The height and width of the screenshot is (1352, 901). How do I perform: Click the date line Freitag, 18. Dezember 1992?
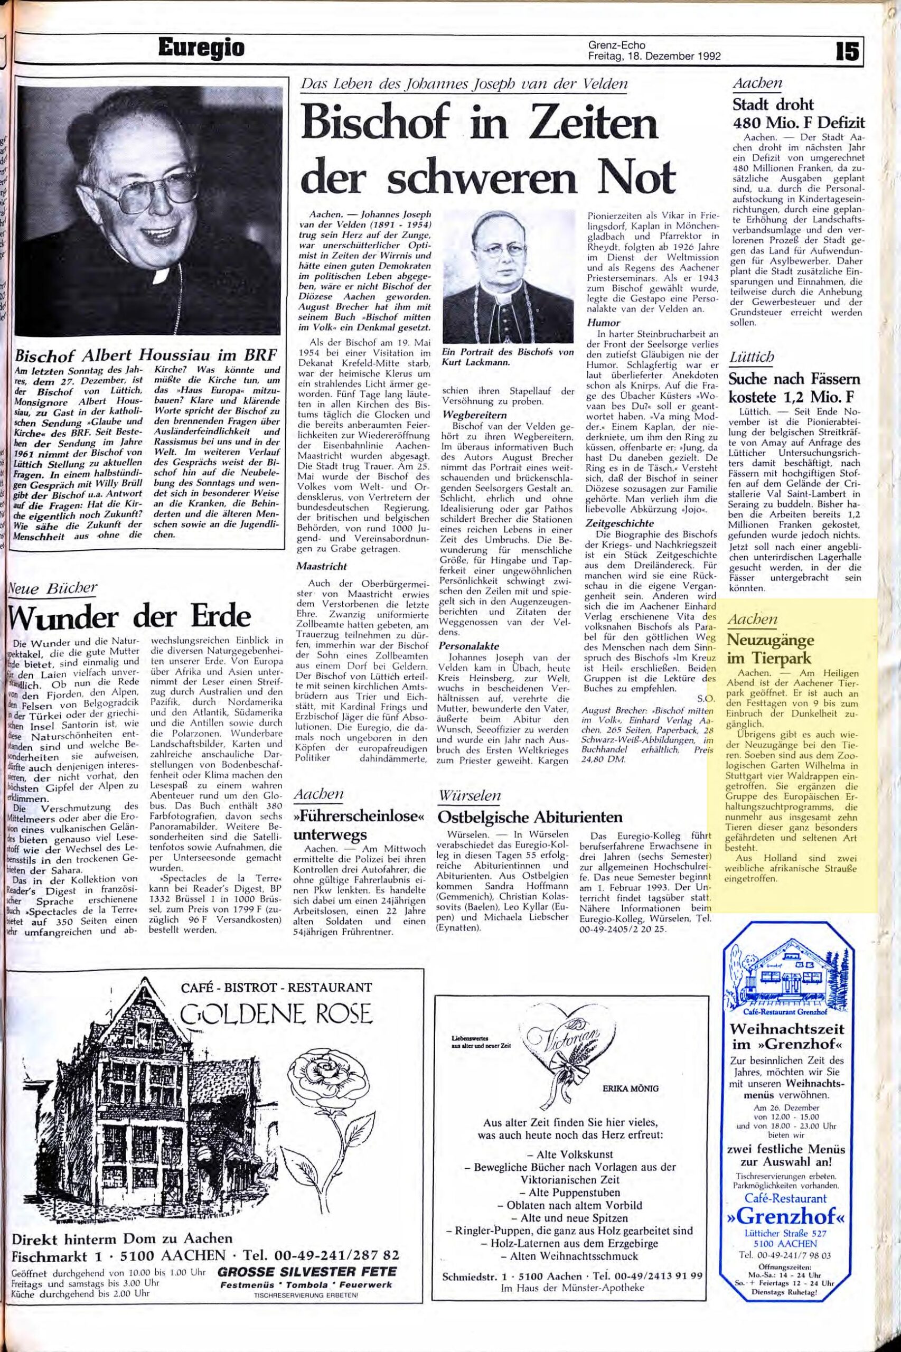[654, 57]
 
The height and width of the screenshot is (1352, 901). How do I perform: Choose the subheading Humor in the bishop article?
[603, 323]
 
